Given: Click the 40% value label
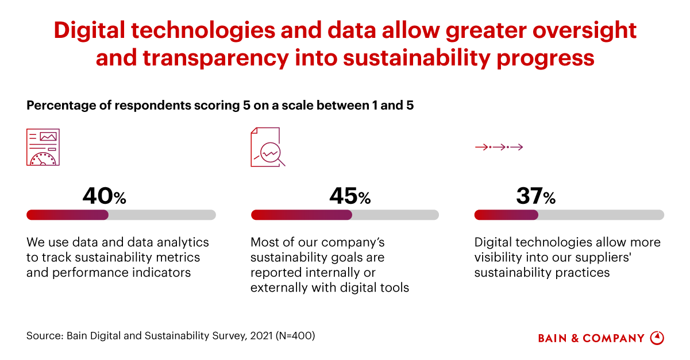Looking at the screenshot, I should pyautogui.click(x=104, y=196).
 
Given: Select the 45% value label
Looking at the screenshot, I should pyautogui.click(x=350, y=196).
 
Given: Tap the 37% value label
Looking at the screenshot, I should pyautogui.click(x=535, y=196).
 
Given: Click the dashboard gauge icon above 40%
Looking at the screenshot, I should pyautogui.click(x=43, y=147).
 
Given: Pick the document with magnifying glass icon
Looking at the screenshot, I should pyautogui.click(x=267, y=147).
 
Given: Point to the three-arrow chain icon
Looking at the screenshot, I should pyautogui.click(x=499, y=148).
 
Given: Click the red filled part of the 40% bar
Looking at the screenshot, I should pyautogui.click(x=67, y=215).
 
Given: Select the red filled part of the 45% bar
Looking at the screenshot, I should pyautogui.click(x=301, y=215).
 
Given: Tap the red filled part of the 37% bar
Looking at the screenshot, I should pyautogui.click(x=506, y=215).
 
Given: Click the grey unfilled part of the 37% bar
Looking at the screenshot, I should pyautogui.click(x=600, y=215).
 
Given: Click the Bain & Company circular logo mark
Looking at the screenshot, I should pyautogui.click(x=657, y=338).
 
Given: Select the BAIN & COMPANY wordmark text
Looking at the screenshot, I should pyautogui.click(x=591, y=338).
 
